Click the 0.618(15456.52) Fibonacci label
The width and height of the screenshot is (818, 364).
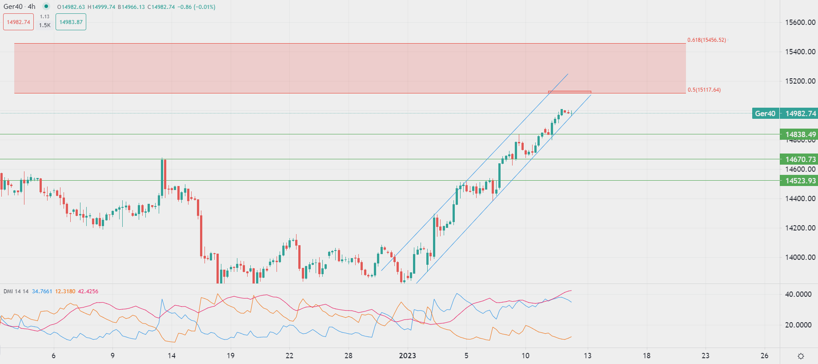click(706, 40)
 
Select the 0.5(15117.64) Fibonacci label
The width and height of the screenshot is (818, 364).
click(704, 90)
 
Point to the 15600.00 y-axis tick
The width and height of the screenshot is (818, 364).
click(800, 22)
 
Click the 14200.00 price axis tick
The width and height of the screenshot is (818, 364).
click(800, 228)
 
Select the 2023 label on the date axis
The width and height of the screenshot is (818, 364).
click(407, 356)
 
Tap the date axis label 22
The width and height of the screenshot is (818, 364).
click(289, 356)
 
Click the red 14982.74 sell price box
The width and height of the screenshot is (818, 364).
click(18, 22)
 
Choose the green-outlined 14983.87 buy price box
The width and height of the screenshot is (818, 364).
click(71, 22)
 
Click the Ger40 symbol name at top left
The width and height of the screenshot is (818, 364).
click(13, 7)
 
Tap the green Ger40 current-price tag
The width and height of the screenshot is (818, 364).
click(765, 113)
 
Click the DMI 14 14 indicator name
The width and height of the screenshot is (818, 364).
click(16, 291)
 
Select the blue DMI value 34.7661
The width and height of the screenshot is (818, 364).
click(42, 291)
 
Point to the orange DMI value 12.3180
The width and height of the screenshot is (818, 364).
click(65, 291)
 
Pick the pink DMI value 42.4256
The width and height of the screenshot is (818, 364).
click(88, 291)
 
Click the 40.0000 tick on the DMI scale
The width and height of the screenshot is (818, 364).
click(798, 294)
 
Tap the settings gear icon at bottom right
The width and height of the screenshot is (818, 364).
click(801, 356)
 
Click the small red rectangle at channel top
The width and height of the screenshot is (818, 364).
click(569, 92)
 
